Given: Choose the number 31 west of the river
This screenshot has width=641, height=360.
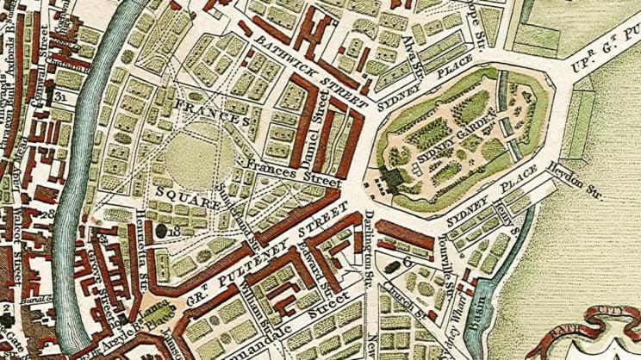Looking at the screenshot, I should [x=60, y=96].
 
